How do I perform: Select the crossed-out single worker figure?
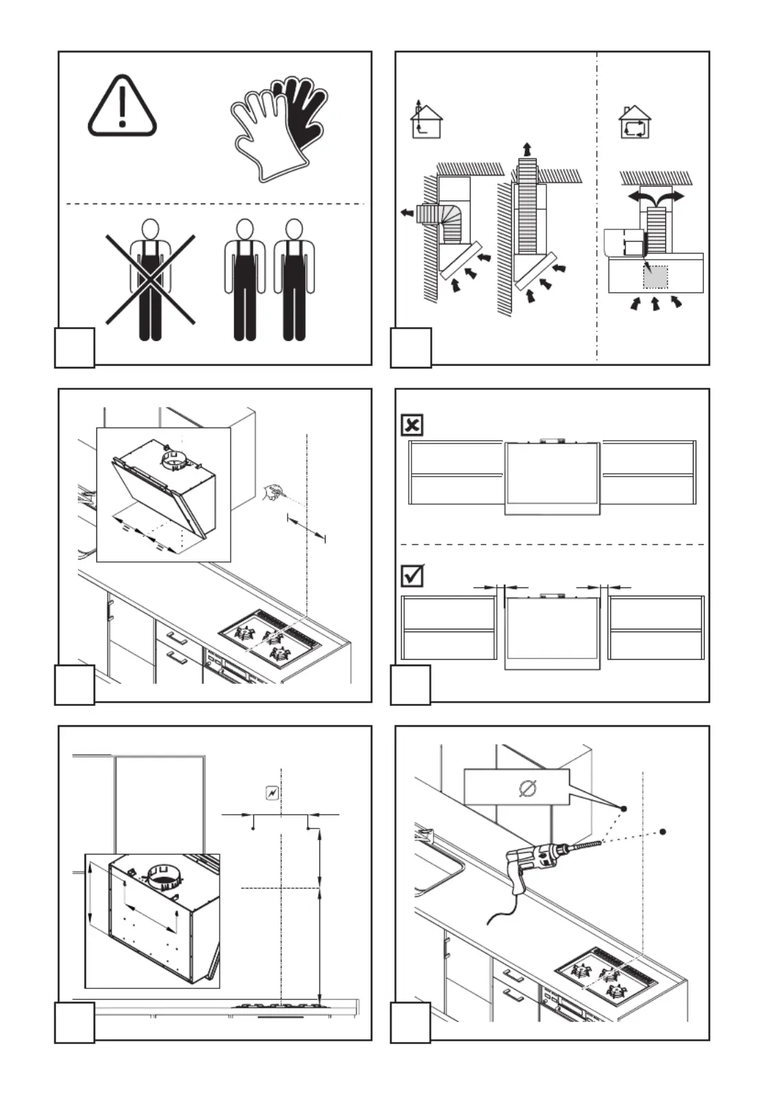150,279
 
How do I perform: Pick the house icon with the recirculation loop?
635,123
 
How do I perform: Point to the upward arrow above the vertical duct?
526,148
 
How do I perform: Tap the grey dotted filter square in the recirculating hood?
655,276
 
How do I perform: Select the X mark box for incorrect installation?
411,425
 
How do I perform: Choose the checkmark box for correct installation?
411,576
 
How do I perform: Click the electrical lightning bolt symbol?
272,793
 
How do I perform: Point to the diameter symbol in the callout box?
528,788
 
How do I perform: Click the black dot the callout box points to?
623,808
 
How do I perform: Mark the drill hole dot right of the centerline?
663,832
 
